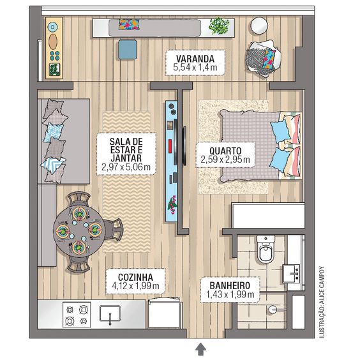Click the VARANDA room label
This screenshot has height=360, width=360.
tap(195, 59)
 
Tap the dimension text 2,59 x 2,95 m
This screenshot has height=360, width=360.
tap(225, 160)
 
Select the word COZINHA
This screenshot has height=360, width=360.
tap(135, 277)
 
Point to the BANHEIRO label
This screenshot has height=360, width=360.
tap(230, 285)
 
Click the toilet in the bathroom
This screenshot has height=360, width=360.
tap(266, 249)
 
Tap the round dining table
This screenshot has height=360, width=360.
tap(79, 232)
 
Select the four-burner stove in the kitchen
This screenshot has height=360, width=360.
tap(77, 315)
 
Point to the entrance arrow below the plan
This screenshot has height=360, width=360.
tap(200, 349)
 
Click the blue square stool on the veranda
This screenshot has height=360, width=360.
tap(128, 50)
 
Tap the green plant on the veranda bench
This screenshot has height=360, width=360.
tap(218, 26)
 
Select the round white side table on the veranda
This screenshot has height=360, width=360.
tap(259, 26)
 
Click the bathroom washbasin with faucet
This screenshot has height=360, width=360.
tap(291, 274)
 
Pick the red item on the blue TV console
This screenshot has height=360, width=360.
tap(170, 146)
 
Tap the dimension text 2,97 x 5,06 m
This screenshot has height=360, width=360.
tap(126, 167)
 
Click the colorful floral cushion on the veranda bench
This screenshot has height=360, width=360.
tap(130, 24)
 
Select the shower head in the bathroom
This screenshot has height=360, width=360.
tap(273, 310)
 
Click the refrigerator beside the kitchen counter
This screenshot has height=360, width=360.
tap(165, 313)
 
